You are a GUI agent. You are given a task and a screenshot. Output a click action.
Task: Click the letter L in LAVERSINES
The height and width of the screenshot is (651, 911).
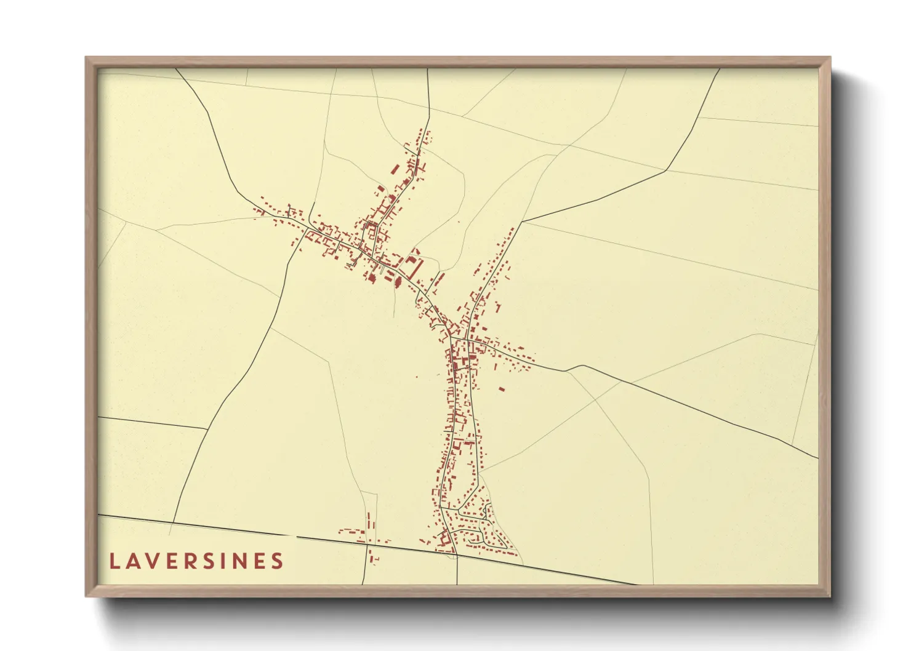114,561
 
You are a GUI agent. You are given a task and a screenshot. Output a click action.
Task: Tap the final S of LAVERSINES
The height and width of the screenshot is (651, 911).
279,561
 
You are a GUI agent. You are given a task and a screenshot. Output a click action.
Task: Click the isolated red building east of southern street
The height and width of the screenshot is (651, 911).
501,389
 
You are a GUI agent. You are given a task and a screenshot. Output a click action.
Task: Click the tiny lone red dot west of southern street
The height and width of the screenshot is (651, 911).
417,377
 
